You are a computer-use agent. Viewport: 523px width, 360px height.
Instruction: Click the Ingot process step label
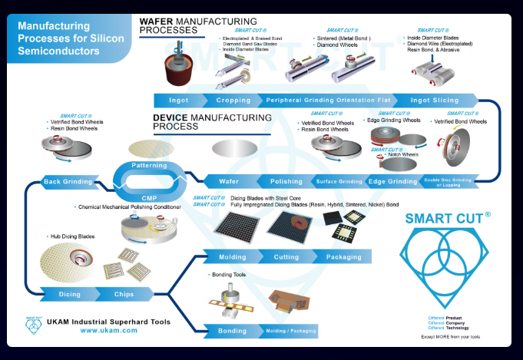177,101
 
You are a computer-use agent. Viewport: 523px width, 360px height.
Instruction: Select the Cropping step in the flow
232,101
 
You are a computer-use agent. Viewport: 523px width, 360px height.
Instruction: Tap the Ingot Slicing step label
435,101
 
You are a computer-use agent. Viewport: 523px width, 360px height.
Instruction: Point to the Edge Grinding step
392,182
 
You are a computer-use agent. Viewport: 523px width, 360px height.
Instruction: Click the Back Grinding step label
68,182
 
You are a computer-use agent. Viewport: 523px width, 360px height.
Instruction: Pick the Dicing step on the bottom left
70,294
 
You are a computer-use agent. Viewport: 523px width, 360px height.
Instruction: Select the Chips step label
124,294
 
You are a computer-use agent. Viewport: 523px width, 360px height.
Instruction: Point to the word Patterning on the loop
149,166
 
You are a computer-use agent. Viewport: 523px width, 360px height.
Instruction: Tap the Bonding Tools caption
228,274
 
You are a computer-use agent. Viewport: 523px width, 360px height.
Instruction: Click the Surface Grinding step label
339,182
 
